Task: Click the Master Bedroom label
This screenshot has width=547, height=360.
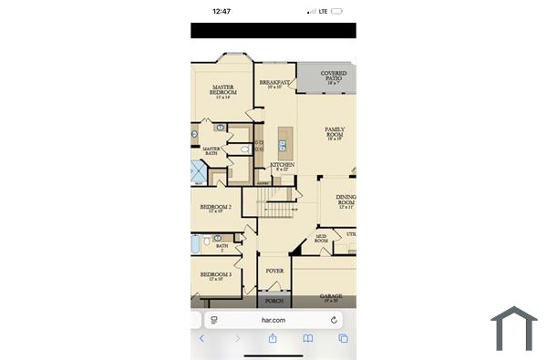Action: click(223, 90)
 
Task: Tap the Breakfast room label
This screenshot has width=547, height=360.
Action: click(274, 84)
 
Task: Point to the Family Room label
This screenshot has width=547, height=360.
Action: click(335, 133)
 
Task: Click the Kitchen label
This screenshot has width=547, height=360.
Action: click(282, 166)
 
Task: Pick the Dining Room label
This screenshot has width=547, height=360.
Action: click(346, 201)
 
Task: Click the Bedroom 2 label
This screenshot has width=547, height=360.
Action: click(216, 208)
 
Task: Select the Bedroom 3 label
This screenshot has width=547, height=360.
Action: click(216, 275)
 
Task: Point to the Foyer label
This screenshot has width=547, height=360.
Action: click(274, 271)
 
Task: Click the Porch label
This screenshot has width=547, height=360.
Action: click(273, 300)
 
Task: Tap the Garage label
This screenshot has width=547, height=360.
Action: click(331, 297)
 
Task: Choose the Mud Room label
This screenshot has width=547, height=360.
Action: click(321, 239)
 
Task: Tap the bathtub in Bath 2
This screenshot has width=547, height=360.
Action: click(196, 244)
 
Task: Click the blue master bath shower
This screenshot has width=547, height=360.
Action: click(198, 171)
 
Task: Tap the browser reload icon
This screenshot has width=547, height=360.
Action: click(335, 320)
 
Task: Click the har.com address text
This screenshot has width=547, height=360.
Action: click(273, 320)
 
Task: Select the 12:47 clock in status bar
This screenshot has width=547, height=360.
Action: click(221, 12)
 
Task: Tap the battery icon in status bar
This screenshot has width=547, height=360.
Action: click(336, 12)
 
